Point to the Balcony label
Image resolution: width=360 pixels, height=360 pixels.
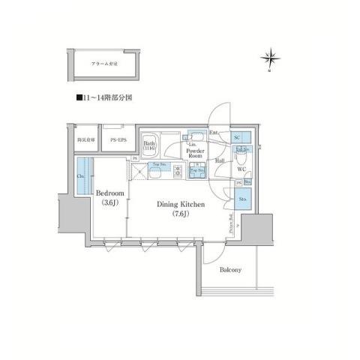coord(229,270)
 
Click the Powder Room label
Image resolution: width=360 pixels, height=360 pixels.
coord(196,153)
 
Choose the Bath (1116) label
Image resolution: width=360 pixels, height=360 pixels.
coord(149,146)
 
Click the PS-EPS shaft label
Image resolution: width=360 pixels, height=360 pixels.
coord(118,140)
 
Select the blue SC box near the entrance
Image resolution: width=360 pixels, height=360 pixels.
coord(238,139)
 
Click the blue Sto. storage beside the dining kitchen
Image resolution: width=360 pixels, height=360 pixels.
coord(243,199)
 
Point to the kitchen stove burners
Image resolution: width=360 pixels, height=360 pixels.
coord(178,173)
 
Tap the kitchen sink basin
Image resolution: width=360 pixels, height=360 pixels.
coord(160,173)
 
